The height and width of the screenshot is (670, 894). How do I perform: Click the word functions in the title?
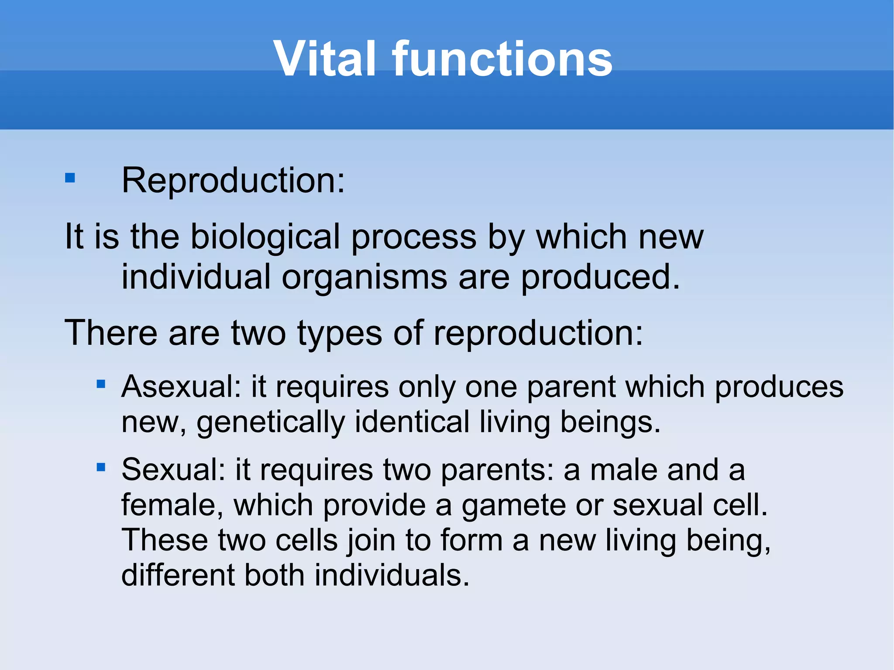tap(502, 59)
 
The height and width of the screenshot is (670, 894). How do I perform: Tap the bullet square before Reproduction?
tap(70, 178)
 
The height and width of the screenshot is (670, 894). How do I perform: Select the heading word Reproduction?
tap(233, 180)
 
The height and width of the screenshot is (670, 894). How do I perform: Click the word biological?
tap(265, 237)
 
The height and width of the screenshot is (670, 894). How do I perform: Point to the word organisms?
tap(364, 277)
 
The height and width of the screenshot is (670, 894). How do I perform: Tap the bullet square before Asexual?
tap(101, 384)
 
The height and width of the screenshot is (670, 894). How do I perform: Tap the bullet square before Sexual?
tap(101, 467)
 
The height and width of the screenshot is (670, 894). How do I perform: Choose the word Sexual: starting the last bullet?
tap(173, 470)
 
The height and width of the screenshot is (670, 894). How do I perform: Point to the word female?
tap(172, 505)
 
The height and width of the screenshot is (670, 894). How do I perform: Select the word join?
tap(371, 541)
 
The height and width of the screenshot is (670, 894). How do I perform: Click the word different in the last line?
tap(178, 575)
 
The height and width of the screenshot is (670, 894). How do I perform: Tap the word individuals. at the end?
tap(392, 575)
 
